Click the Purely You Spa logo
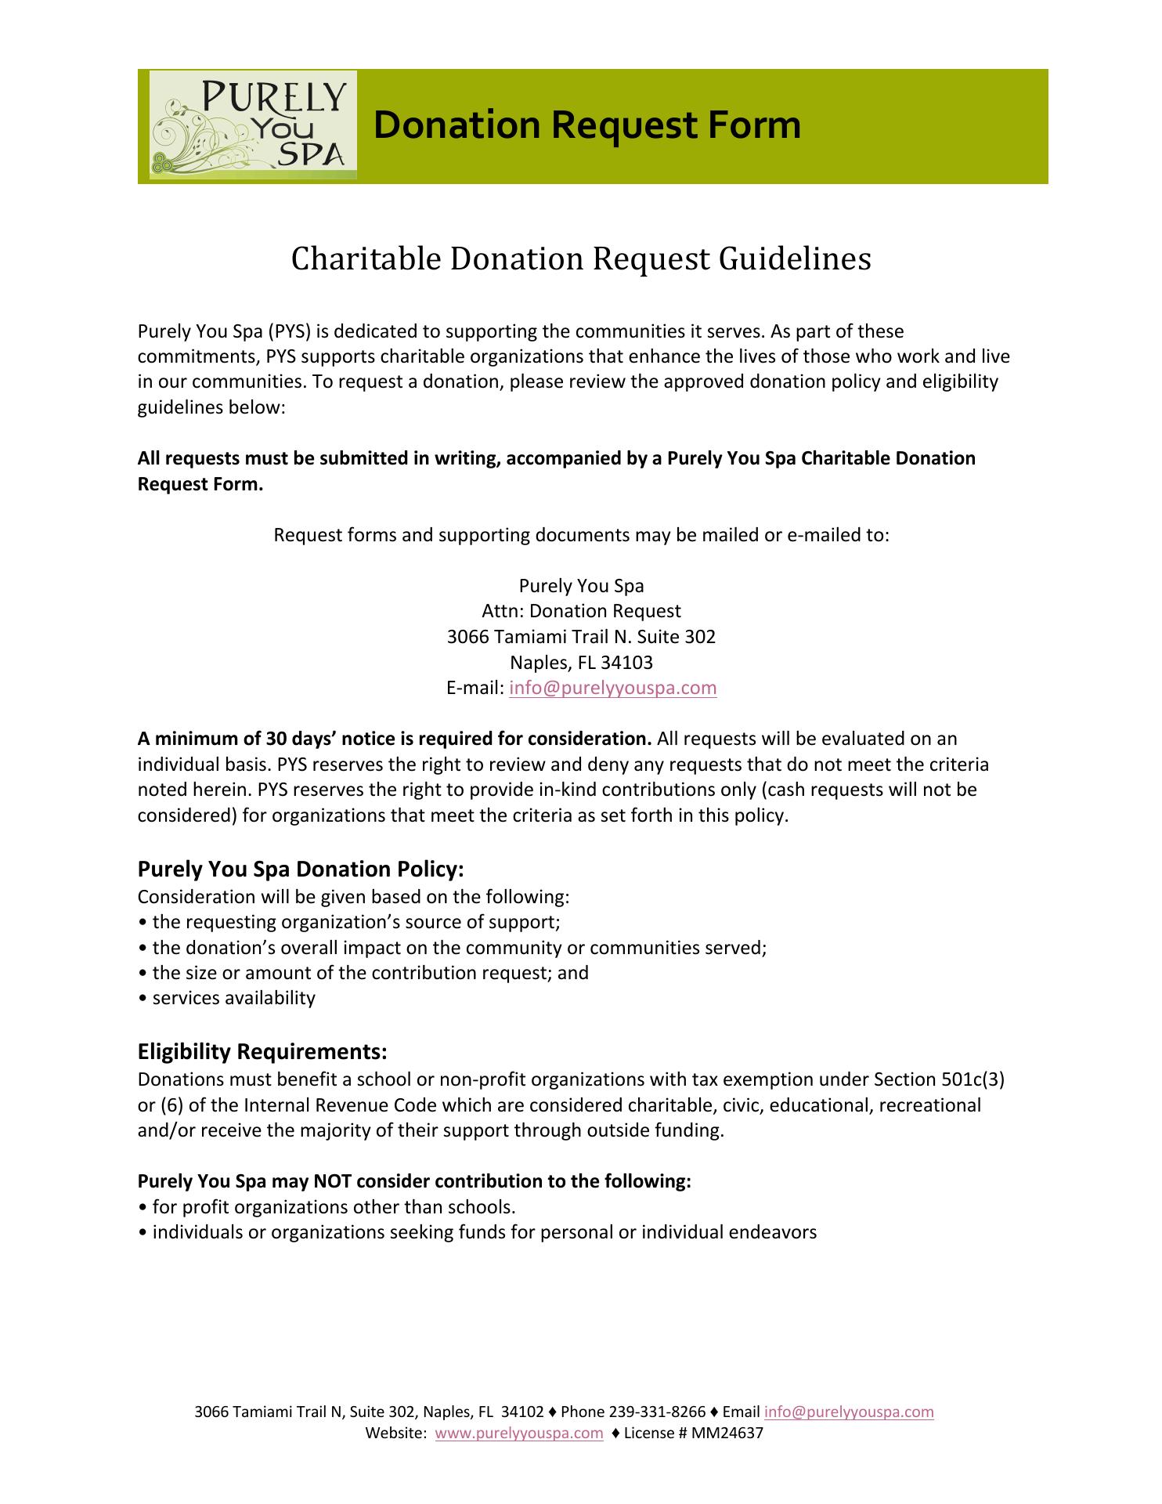point(253,125)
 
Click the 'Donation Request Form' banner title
point(587,125)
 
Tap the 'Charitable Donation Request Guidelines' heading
point(581,259)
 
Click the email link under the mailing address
point(613,688)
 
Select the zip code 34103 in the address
point(626,663)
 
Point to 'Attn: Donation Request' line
point(581,611)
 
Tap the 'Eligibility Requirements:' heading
point(262,1050)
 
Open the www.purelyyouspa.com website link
point(519,1433)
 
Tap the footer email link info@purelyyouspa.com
point(849,1412)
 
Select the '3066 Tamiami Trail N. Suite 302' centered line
point(581,637)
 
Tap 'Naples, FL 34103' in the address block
point(581,663)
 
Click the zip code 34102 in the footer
point(522,1412)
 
